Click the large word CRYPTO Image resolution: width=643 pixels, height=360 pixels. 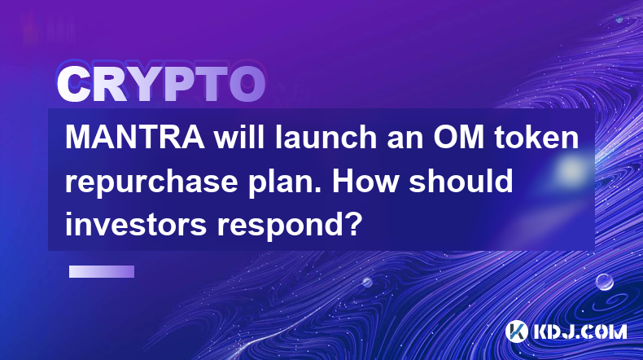tap(161, 85)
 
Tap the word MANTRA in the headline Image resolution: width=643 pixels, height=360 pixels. tap(135, 138)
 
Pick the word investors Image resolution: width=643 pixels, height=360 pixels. tap(136, 224)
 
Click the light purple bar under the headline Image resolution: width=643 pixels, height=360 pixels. tap(102, 271)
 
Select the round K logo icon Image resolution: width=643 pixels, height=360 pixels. tap(516, 331)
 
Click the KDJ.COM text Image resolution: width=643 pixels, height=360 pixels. tap(580, 331)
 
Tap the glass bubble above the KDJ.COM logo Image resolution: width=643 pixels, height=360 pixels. tap(605, 282)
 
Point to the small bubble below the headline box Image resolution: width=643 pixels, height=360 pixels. tap(367, 282)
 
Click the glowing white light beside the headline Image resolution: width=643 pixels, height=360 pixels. tap(571, 169)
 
